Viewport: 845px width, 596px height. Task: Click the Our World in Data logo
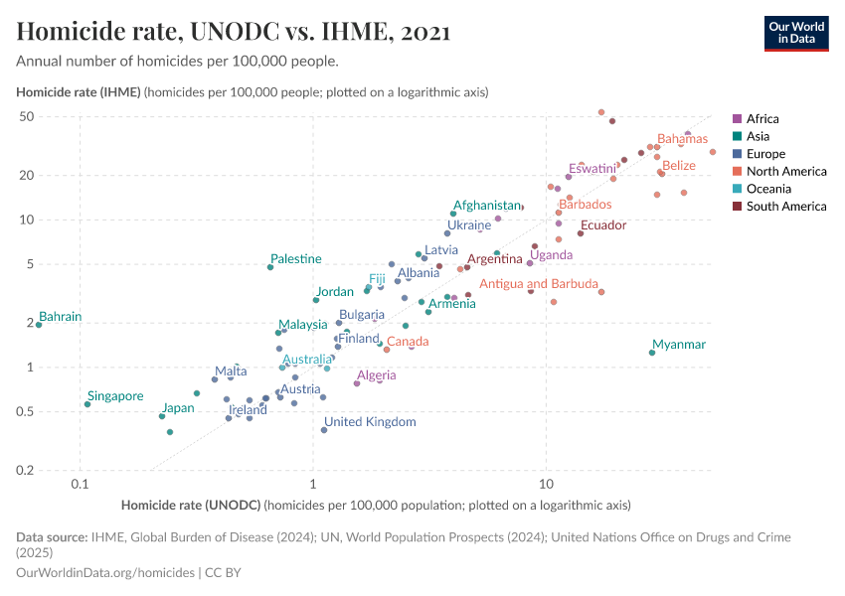point(796,33)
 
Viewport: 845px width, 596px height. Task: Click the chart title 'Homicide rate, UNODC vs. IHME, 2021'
point(234,32)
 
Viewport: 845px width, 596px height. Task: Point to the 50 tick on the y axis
point(54,116)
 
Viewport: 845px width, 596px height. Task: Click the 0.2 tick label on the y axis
point(54,470)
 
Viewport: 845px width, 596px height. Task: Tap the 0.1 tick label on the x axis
point(81,484)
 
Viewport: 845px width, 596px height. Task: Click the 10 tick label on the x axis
point(546,484)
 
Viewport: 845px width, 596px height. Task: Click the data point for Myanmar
point(652,353)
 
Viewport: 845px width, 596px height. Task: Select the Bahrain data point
point(39,325)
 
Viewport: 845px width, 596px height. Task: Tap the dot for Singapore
point(87,404)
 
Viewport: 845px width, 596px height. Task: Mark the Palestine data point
point(270,267)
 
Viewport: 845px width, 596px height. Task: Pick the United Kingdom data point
point(324,430)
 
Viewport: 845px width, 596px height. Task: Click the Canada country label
point(408,342)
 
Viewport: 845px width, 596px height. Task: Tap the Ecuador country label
point(602,225)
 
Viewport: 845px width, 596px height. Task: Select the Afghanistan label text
point(487,206)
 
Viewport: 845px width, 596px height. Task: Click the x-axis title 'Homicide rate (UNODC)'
point(191,505)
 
